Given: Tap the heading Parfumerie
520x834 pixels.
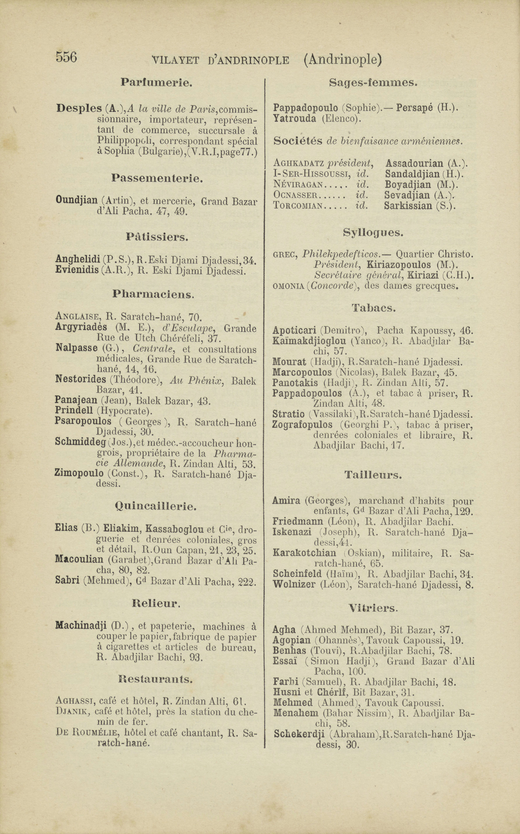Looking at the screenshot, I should click(x=156, y=83).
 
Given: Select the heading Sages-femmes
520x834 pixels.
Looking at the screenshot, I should click(x=373, y=83).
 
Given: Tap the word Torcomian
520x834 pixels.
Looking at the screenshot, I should click(x=298, y=206).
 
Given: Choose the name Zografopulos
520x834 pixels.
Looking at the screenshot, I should click(x=302, y=425).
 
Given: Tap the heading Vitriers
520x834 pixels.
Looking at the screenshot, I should click(x=373, y=608).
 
